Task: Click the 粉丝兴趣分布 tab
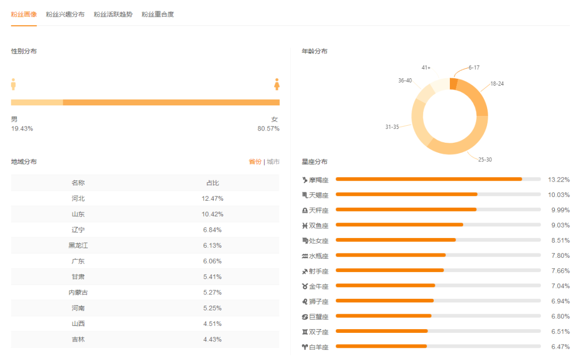tap(65, 14)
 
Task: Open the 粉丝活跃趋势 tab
tap(113, 14)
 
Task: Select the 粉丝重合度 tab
tap(158, 14)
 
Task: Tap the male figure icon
tap(14, 84)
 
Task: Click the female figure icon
tap(277, 84)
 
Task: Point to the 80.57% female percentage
tap(268, 129)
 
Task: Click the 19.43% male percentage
tap(22, 129)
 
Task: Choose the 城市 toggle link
tap(273, 162)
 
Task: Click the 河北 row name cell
tap(78, 199)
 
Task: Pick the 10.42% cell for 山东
tap(212, 214)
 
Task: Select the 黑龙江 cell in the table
tap(78, 246)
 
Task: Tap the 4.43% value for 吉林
tap(212, 339)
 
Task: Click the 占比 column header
tap(212, 183)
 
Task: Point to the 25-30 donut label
tap(485, 160)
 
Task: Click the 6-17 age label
tap(474, 68)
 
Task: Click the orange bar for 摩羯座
tap(429, 179)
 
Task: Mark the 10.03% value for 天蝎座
tap(558, 195)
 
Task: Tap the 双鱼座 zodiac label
tap(318, 226)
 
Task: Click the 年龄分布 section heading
tap(315, 51)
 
